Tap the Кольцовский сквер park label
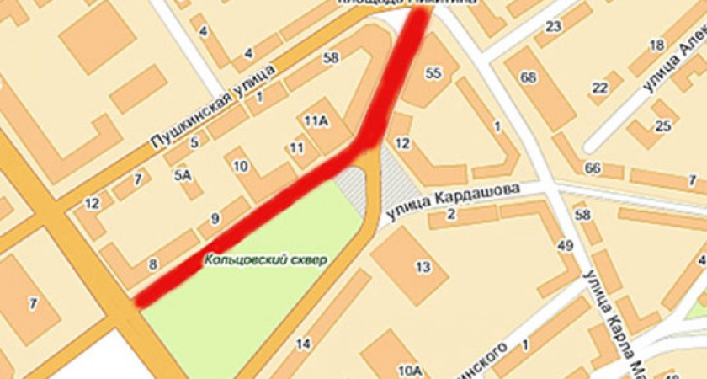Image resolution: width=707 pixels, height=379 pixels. [x=264, y=259]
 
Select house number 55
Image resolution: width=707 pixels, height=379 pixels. [x=433, y=73]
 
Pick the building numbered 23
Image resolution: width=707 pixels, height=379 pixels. [x=553, y=27]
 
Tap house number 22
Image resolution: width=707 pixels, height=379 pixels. [x=599, y=88]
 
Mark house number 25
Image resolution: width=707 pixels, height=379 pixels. [x=663, y=126]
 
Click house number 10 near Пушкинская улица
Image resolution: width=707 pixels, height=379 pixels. [x=241, y=165]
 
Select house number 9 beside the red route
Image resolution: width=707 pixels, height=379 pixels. [x=215, y=220]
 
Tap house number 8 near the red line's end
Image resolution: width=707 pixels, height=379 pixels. [x=152, y=264]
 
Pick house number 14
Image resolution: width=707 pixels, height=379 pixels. [x=303, y=343]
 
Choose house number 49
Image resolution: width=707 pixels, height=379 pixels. [x=565, y=246]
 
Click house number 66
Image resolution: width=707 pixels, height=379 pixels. [x=593, y=168]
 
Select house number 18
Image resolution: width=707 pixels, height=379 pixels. [x=656, y=45]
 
